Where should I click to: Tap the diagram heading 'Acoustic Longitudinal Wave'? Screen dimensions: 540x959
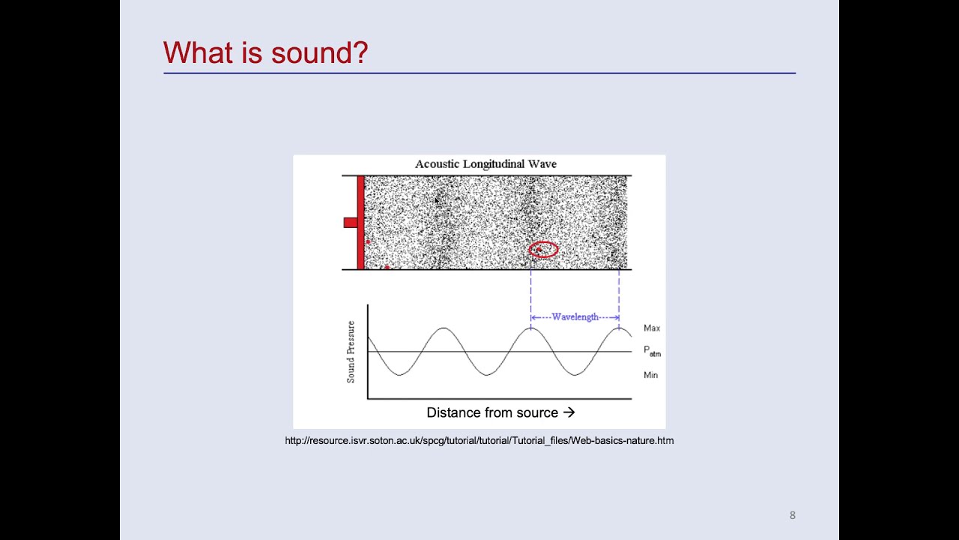(x=485, y=164)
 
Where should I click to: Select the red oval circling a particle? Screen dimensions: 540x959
(x=543, y=250)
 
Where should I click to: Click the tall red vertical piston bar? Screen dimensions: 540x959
(x=360, y=222)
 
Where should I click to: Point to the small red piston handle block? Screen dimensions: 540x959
(x=350, y=222)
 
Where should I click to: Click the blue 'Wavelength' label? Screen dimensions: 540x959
(x=575, y=317)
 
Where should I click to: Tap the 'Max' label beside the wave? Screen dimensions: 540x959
(x=652, y=328)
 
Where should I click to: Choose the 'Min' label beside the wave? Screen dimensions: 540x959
(x=650, y=375)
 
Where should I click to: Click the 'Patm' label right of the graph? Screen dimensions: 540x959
(x=652, y=351)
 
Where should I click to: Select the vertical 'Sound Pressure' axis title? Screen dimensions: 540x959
(x=351, y=352)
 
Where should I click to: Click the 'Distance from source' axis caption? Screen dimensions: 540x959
(x=492, y=412)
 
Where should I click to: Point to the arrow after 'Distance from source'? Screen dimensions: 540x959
(x=569, y=412)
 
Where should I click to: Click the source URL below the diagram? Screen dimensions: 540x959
(x=479, y=441)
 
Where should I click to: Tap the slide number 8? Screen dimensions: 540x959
(x=792, y=515)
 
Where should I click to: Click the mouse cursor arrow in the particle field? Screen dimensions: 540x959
(x=438, y=201)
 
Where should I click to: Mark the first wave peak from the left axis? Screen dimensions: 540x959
(x=444, y=328)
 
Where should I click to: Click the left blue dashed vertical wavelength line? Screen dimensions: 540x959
(x=531, y=296)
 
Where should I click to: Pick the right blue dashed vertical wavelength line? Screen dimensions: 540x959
(x=619, y=296)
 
